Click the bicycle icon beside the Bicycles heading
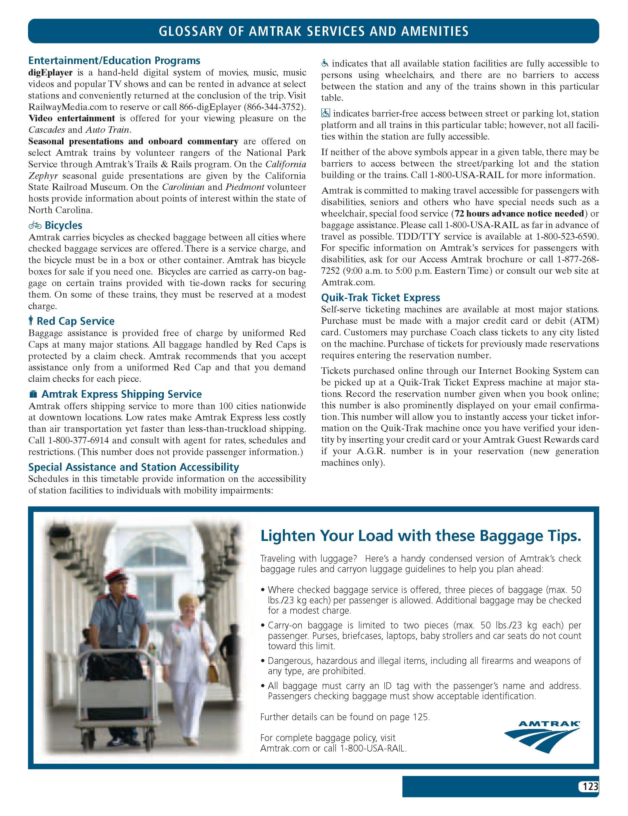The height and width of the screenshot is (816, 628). pos(35,225)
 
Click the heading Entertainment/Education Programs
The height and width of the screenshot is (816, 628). pos(114,61)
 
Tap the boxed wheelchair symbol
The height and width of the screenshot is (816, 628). pos(325,113)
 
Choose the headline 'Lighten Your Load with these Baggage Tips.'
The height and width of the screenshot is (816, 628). pos(421,536)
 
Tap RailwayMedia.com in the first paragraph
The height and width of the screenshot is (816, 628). pos(67,107)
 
